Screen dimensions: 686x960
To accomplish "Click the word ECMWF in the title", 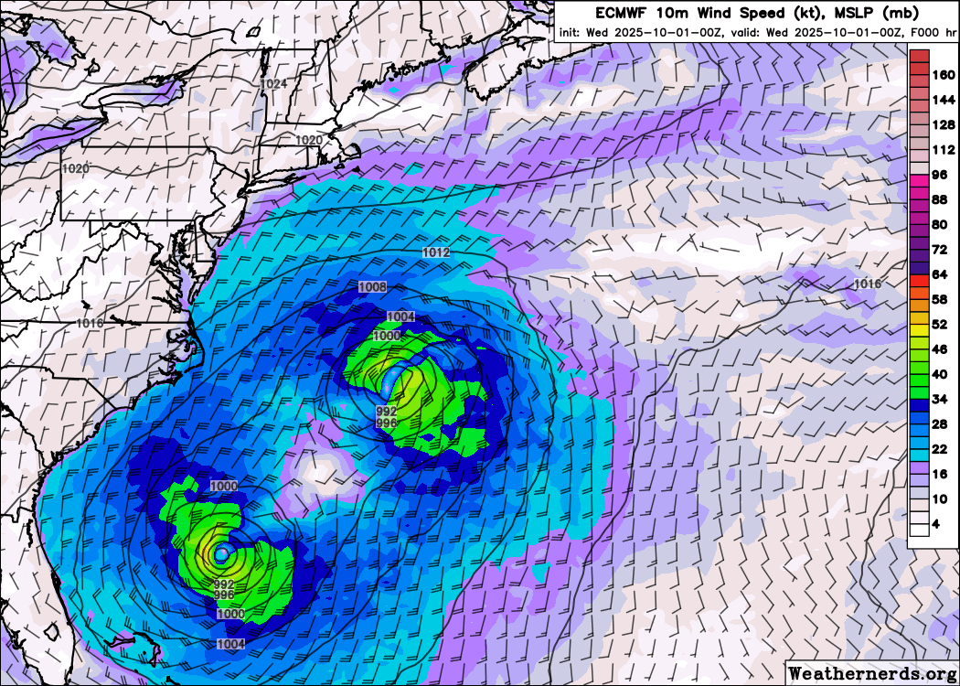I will click(623, 13).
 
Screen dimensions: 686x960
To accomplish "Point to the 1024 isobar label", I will click(273, 84).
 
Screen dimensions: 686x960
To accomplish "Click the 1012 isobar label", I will click(436, 252).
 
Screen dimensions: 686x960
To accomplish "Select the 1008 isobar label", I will click(372, 287).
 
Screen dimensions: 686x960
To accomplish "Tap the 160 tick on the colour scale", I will click(942, 75).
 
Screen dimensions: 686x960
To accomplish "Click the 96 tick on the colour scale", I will click(939, 175).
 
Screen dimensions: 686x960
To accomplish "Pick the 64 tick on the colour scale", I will click(939, 274).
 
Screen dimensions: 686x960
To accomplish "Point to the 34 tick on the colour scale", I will click(939, 399).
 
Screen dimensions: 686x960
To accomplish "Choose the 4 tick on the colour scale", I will click(936, 524).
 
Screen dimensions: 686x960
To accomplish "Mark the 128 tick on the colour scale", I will click(942, 124).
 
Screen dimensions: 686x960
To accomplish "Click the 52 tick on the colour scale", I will click(939, 324).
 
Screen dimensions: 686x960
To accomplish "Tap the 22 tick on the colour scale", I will click(939, 449).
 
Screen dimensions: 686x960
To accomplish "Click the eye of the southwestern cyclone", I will click(220, 552).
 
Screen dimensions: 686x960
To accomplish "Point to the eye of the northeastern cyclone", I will click(396, 376).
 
